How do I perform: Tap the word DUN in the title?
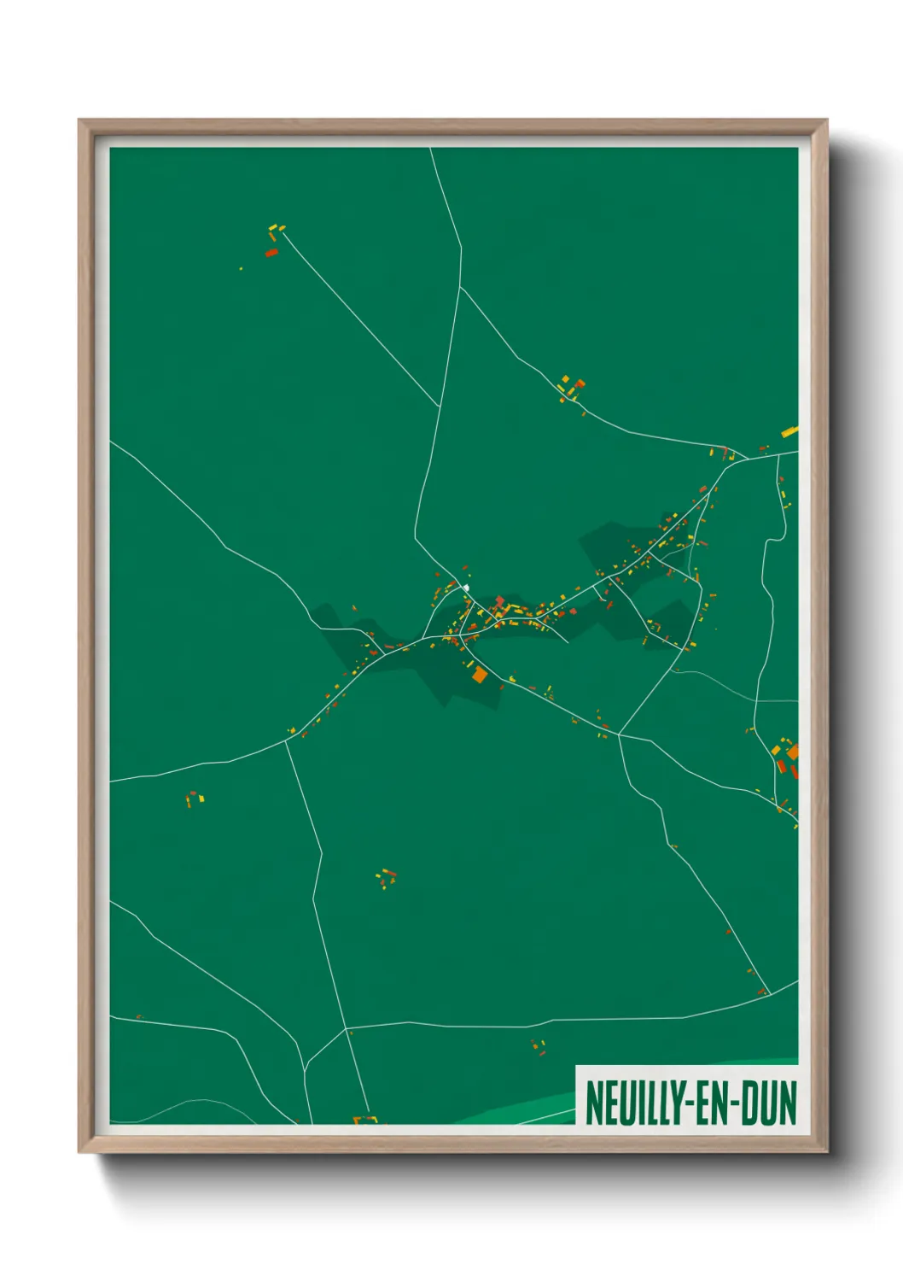(768, 1103)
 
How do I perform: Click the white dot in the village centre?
(466, 588)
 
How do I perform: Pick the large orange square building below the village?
(480, 675)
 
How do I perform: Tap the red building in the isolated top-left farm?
(271, 253)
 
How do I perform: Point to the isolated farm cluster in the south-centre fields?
(386, 878)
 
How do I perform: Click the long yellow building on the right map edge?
(789, 432)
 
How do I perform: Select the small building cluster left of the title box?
(538, 1047)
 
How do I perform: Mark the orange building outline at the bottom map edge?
(365, 1120)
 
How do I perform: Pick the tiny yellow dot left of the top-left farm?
(241, 269)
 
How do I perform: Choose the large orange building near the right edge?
(793, 752)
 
